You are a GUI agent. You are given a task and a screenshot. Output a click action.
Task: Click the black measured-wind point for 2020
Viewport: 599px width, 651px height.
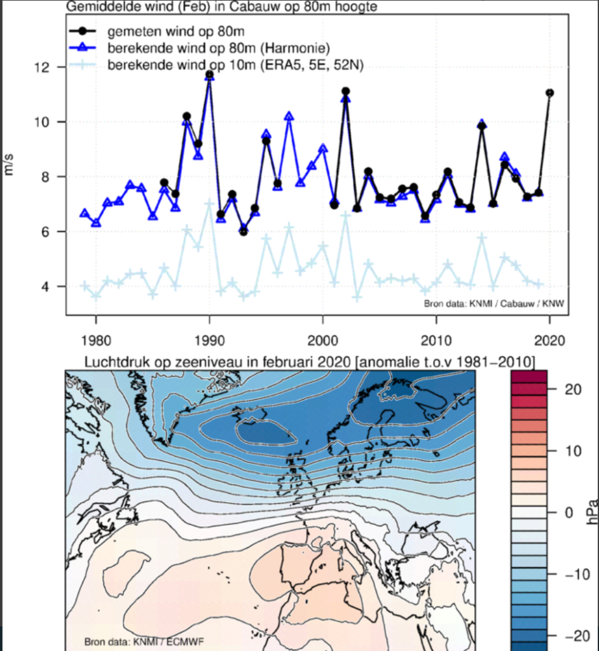click(549, 93)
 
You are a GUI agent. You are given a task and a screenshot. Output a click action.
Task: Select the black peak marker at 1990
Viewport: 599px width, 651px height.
click(209, 74)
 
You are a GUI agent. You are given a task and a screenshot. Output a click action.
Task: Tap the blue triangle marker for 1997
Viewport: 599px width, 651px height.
click(289, 117)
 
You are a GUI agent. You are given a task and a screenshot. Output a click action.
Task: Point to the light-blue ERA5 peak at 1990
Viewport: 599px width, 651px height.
click(209, 203)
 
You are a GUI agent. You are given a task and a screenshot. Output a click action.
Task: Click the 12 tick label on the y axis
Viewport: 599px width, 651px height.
click(42, 67)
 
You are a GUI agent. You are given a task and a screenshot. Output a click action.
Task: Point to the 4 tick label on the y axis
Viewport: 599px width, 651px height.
click(44, 287)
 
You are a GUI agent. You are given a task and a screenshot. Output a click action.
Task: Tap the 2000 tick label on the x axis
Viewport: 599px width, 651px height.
click(323, 341)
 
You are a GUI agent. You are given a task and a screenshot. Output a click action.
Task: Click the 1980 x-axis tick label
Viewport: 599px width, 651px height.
click(96, 341)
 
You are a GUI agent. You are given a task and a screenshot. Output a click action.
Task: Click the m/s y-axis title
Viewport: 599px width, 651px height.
click(9, 165)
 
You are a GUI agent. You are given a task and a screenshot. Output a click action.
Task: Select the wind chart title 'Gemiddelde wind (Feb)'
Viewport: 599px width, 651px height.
click(138, 7)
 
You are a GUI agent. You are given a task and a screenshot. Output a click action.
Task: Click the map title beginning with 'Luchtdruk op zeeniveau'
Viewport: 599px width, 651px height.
click(310, 362)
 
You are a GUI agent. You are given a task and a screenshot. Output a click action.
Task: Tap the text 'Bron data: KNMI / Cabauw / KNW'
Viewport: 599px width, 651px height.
click(494, 303)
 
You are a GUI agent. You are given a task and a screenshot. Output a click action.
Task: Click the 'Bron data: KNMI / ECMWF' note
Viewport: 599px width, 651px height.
click(144, 642)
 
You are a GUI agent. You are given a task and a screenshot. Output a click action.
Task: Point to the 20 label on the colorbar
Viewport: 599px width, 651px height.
click(573, 390)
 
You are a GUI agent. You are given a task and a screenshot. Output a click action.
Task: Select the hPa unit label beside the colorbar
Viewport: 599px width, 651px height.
click(593, 512)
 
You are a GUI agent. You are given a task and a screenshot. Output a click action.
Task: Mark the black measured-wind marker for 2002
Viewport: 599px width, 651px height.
click(346, 92)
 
